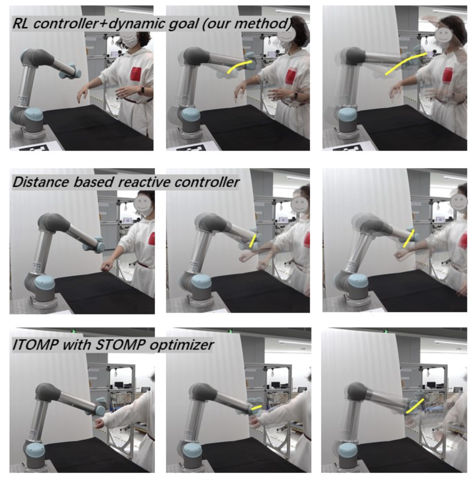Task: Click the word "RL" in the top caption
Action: (21, 24)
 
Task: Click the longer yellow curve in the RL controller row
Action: (405, 62)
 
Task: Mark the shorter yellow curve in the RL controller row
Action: (239, 66)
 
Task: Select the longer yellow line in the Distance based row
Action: (409, 238)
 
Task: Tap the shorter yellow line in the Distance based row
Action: (252, 240)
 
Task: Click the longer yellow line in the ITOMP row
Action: (415, 406)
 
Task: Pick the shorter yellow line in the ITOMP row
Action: (257, 407)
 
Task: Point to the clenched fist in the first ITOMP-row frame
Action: (99, 423)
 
